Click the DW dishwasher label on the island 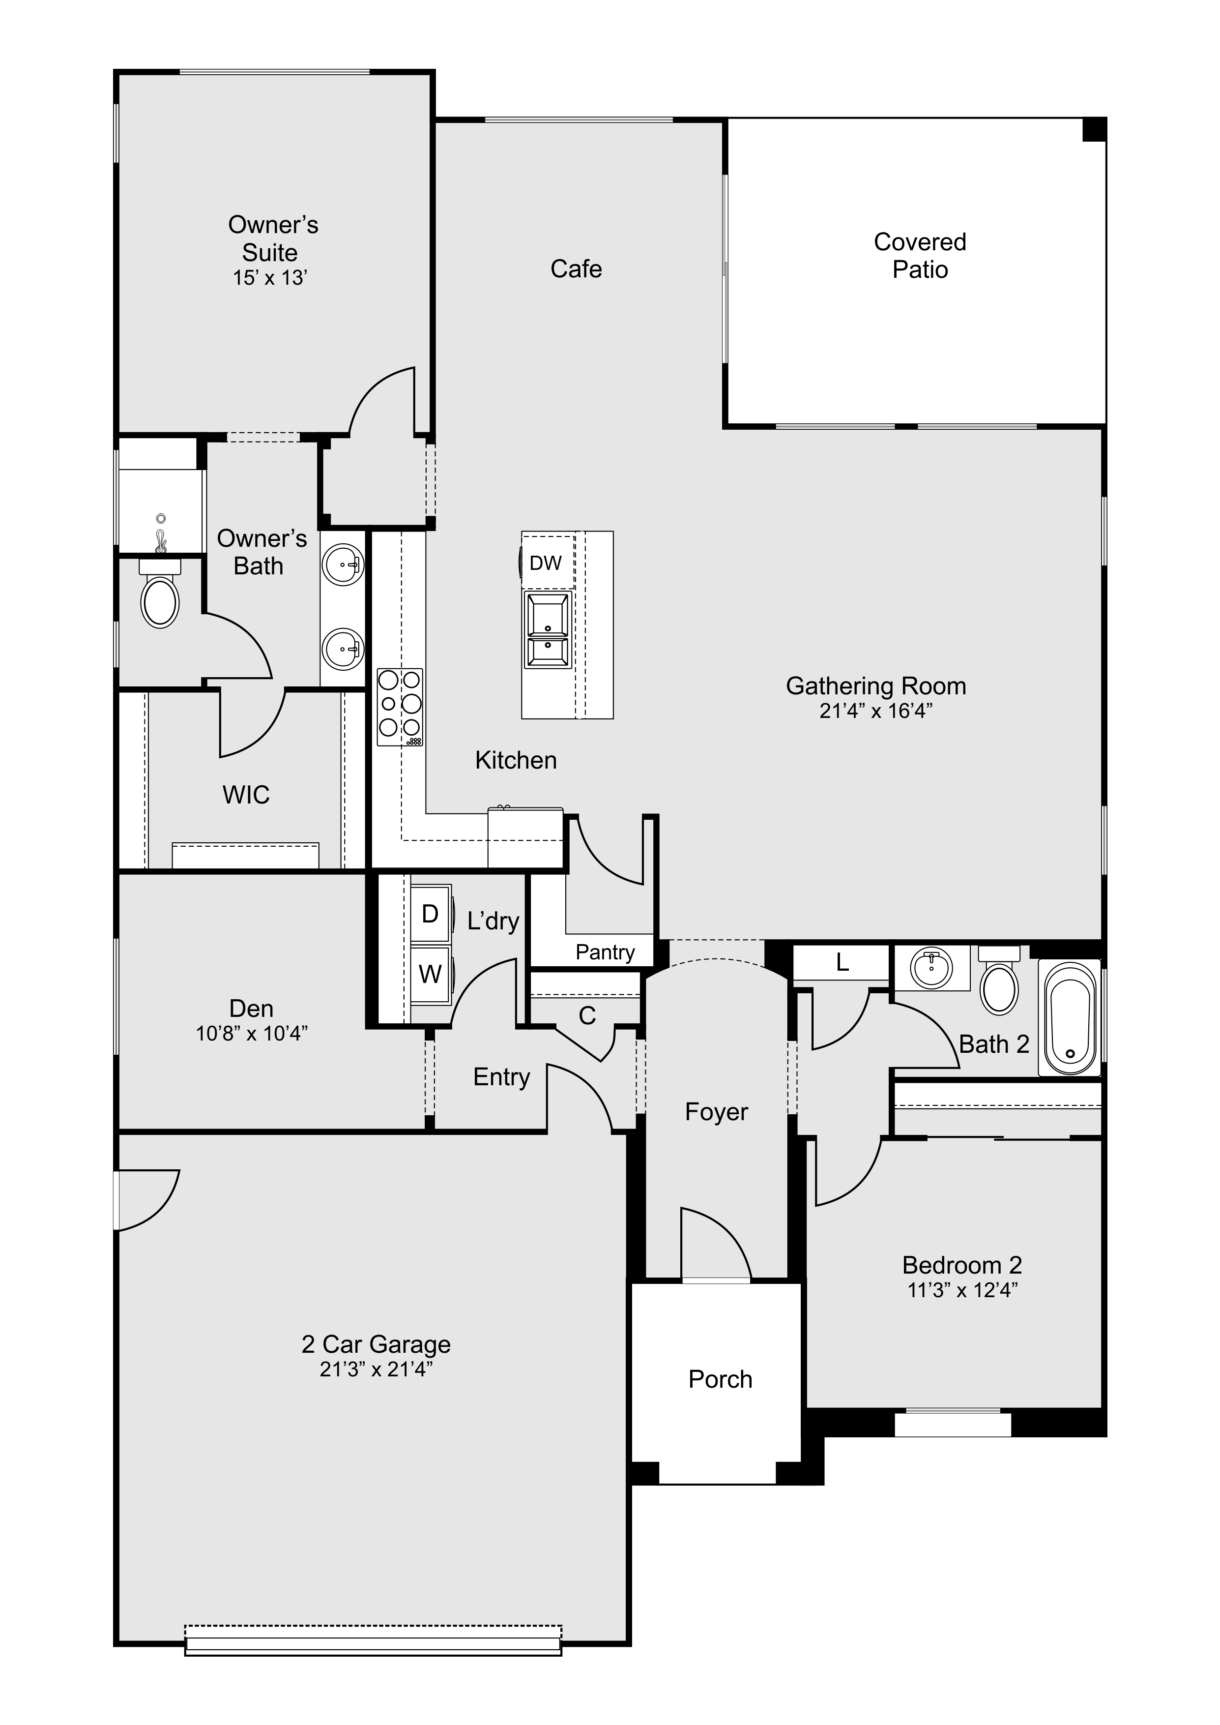click(x=546, y=563)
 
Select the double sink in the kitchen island click(x=548, y=629)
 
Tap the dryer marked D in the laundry click(x=430, y=914)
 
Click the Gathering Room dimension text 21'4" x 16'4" click(x=876, y=711)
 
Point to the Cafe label click(x=576, y=269)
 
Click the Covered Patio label click(x=920, y=255)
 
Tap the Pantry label click(x=605, y=952)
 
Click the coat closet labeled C click(x=587, y=1016)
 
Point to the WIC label click(x=246, y=795)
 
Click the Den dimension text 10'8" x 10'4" click(x=252, y=1034)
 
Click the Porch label click(x=721, y=1379)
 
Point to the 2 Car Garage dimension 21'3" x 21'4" click(x=376, y=1369)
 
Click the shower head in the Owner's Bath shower click(x=160, y=535)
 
